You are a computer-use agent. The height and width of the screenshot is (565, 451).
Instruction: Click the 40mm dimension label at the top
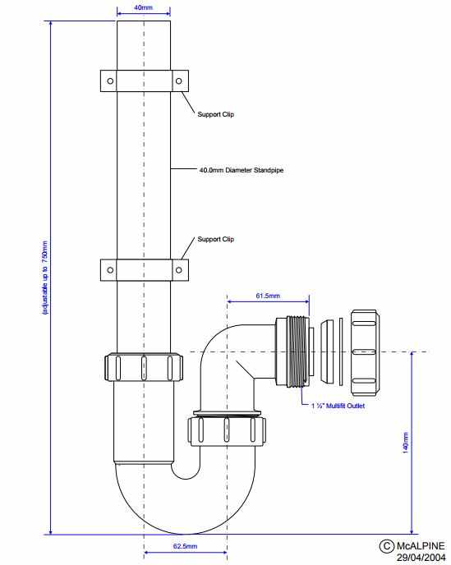click(144, 8)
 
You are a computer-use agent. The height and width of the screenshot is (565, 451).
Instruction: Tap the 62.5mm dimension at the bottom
click(185, 546)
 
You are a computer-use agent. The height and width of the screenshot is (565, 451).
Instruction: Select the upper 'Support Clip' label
click(215, 114)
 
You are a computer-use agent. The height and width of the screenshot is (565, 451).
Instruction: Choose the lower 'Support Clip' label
click(215, 240)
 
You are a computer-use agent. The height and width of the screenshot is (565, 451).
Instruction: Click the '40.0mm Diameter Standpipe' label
click(235, 170)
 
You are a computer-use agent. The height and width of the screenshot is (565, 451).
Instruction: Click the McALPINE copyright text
click(415, 546)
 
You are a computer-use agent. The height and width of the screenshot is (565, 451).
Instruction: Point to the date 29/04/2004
click(418, 558)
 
